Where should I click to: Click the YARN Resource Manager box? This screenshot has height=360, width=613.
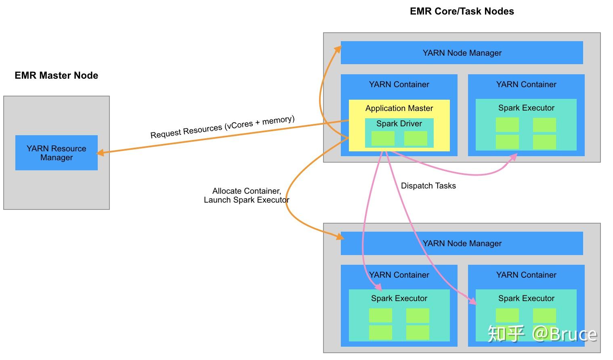[x=57, y=153]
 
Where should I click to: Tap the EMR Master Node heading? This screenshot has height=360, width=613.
[x=56, y=75]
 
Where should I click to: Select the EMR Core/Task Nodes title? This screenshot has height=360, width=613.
[x=462, y=11]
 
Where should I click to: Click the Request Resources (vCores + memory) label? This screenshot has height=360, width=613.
[x=223, y=127]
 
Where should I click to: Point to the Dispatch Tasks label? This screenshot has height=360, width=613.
[x=428, y=186]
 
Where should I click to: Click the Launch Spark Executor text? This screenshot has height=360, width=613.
[x=246, y=200]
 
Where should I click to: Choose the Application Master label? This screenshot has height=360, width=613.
[x=399, y=108]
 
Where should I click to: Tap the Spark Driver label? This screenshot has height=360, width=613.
[x=399, y=123]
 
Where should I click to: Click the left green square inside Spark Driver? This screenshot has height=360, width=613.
[x=383, y=138]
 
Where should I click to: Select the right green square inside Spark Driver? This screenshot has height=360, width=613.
[x=416, y=138]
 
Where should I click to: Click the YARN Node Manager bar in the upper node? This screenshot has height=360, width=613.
[x=462, y=53]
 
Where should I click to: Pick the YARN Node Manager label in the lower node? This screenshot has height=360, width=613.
[x=462, y=243]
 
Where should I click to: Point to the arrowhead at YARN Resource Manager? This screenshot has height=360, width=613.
[x=100, y=153]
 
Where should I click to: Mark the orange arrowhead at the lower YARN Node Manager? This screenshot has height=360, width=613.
[x=340, y=237]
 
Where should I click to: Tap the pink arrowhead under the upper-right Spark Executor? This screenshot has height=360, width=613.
[x=514, y=157]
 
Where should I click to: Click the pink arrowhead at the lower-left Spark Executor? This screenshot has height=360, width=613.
[x=378, y=287]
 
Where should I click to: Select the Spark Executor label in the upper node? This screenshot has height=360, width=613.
[x=526, y=108]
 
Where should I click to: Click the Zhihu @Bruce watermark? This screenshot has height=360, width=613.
[x=542, y=334]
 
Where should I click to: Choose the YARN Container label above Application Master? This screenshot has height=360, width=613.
[x=399, y=84]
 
